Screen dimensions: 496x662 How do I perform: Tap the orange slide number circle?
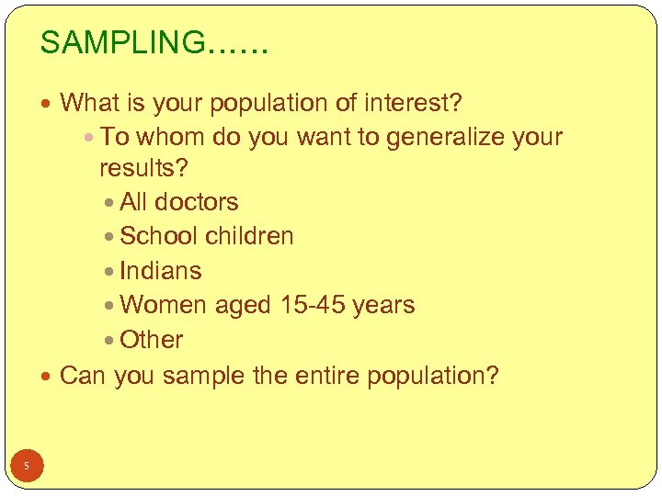click(27, 467)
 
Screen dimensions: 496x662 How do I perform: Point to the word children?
click(249, 236)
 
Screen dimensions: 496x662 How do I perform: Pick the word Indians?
click(161, 271)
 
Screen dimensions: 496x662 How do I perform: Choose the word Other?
click(152, 340)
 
